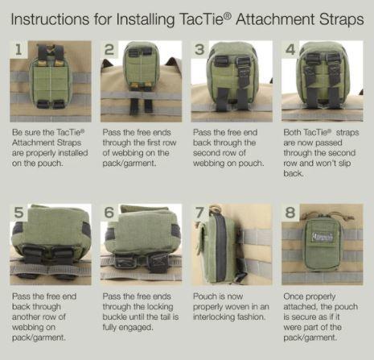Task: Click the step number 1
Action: coord(18,50)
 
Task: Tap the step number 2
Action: coord(109,50)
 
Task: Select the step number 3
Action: coord(199,50)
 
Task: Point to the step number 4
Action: coord(290,50)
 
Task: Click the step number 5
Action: coord(18,213)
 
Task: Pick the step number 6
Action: coord(109,213)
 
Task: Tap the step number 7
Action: coord(199,213)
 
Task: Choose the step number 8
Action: coord(290,213)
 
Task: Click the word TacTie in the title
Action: coord(203,19)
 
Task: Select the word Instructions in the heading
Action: coord(50,19)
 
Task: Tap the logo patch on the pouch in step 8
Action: coord(322,237)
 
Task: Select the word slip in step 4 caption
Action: coord(344,163)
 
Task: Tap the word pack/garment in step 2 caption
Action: coord(129,163)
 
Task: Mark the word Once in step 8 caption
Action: coord(294,296)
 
